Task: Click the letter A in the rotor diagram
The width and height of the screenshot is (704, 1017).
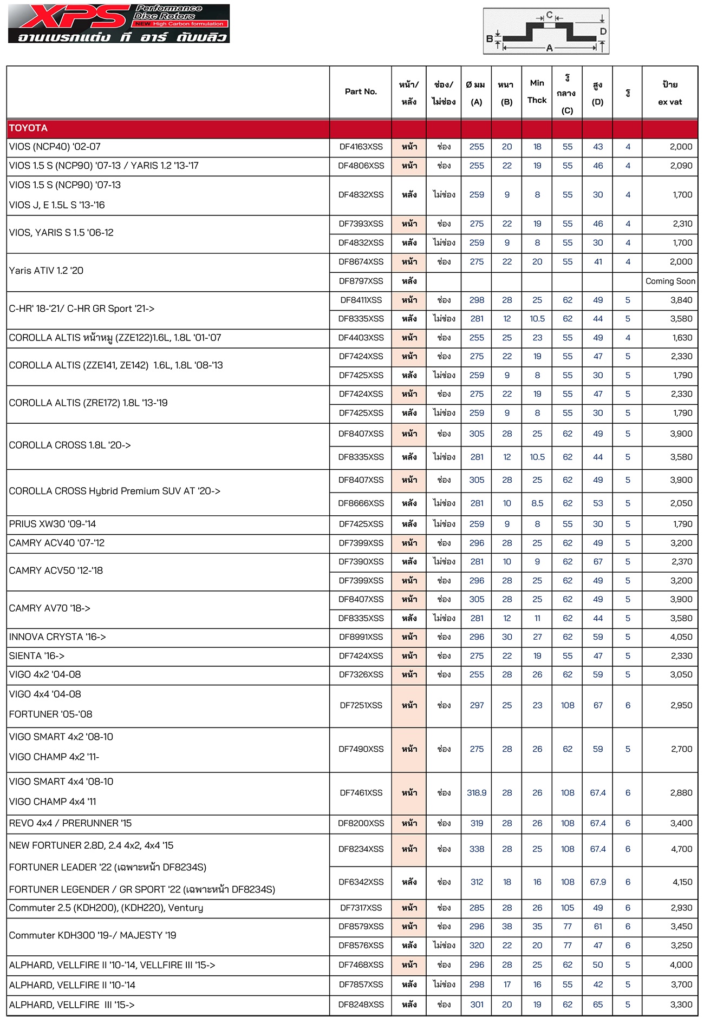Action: [x=549, y=48]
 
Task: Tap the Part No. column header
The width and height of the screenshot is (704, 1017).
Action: [x=361, y=91]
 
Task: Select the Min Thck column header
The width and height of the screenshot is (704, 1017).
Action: [x=537, y=91]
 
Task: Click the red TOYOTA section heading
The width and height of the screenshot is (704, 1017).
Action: [x=28, y=128]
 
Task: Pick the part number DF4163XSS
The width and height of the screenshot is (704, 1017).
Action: [x=361, y=147]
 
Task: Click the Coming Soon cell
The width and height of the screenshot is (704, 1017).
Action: [x=670, y=281]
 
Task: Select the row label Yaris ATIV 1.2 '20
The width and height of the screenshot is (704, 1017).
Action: [x=46, y=271]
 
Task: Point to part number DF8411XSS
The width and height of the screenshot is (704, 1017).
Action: [x=361, y=300]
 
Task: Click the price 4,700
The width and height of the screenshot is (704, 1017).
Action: [x=681, y=849]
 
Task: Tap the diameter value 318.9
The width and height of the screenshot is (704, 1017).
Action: [x=477, y=792]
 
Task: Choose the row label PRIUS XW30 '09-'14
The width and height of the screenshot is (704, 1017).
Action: [x=53, y=524]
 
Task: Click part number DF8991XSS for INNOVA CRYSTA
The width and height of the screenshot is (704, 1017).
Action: [x=361, y=637]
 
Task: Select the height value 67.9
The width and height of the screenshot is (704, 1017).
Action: [x=598, y=882]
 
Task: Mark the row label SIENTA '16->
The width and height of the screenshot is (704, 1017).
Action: [x=37, y=656]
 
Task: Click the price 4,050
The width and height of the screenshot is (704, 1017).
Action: [x=681, y=637]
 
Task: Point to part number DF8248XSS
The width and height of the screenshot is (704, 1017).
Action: [x=361, y=1005]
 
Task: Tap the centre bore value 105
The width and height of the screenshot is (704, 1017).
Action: [x=568, y=908]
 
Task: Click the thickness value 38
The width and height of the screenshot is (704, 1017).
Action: [x=507, y=927]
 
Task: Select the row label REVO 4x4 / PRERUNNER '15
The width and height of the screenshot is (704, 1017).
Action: [x=70, y=823]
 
